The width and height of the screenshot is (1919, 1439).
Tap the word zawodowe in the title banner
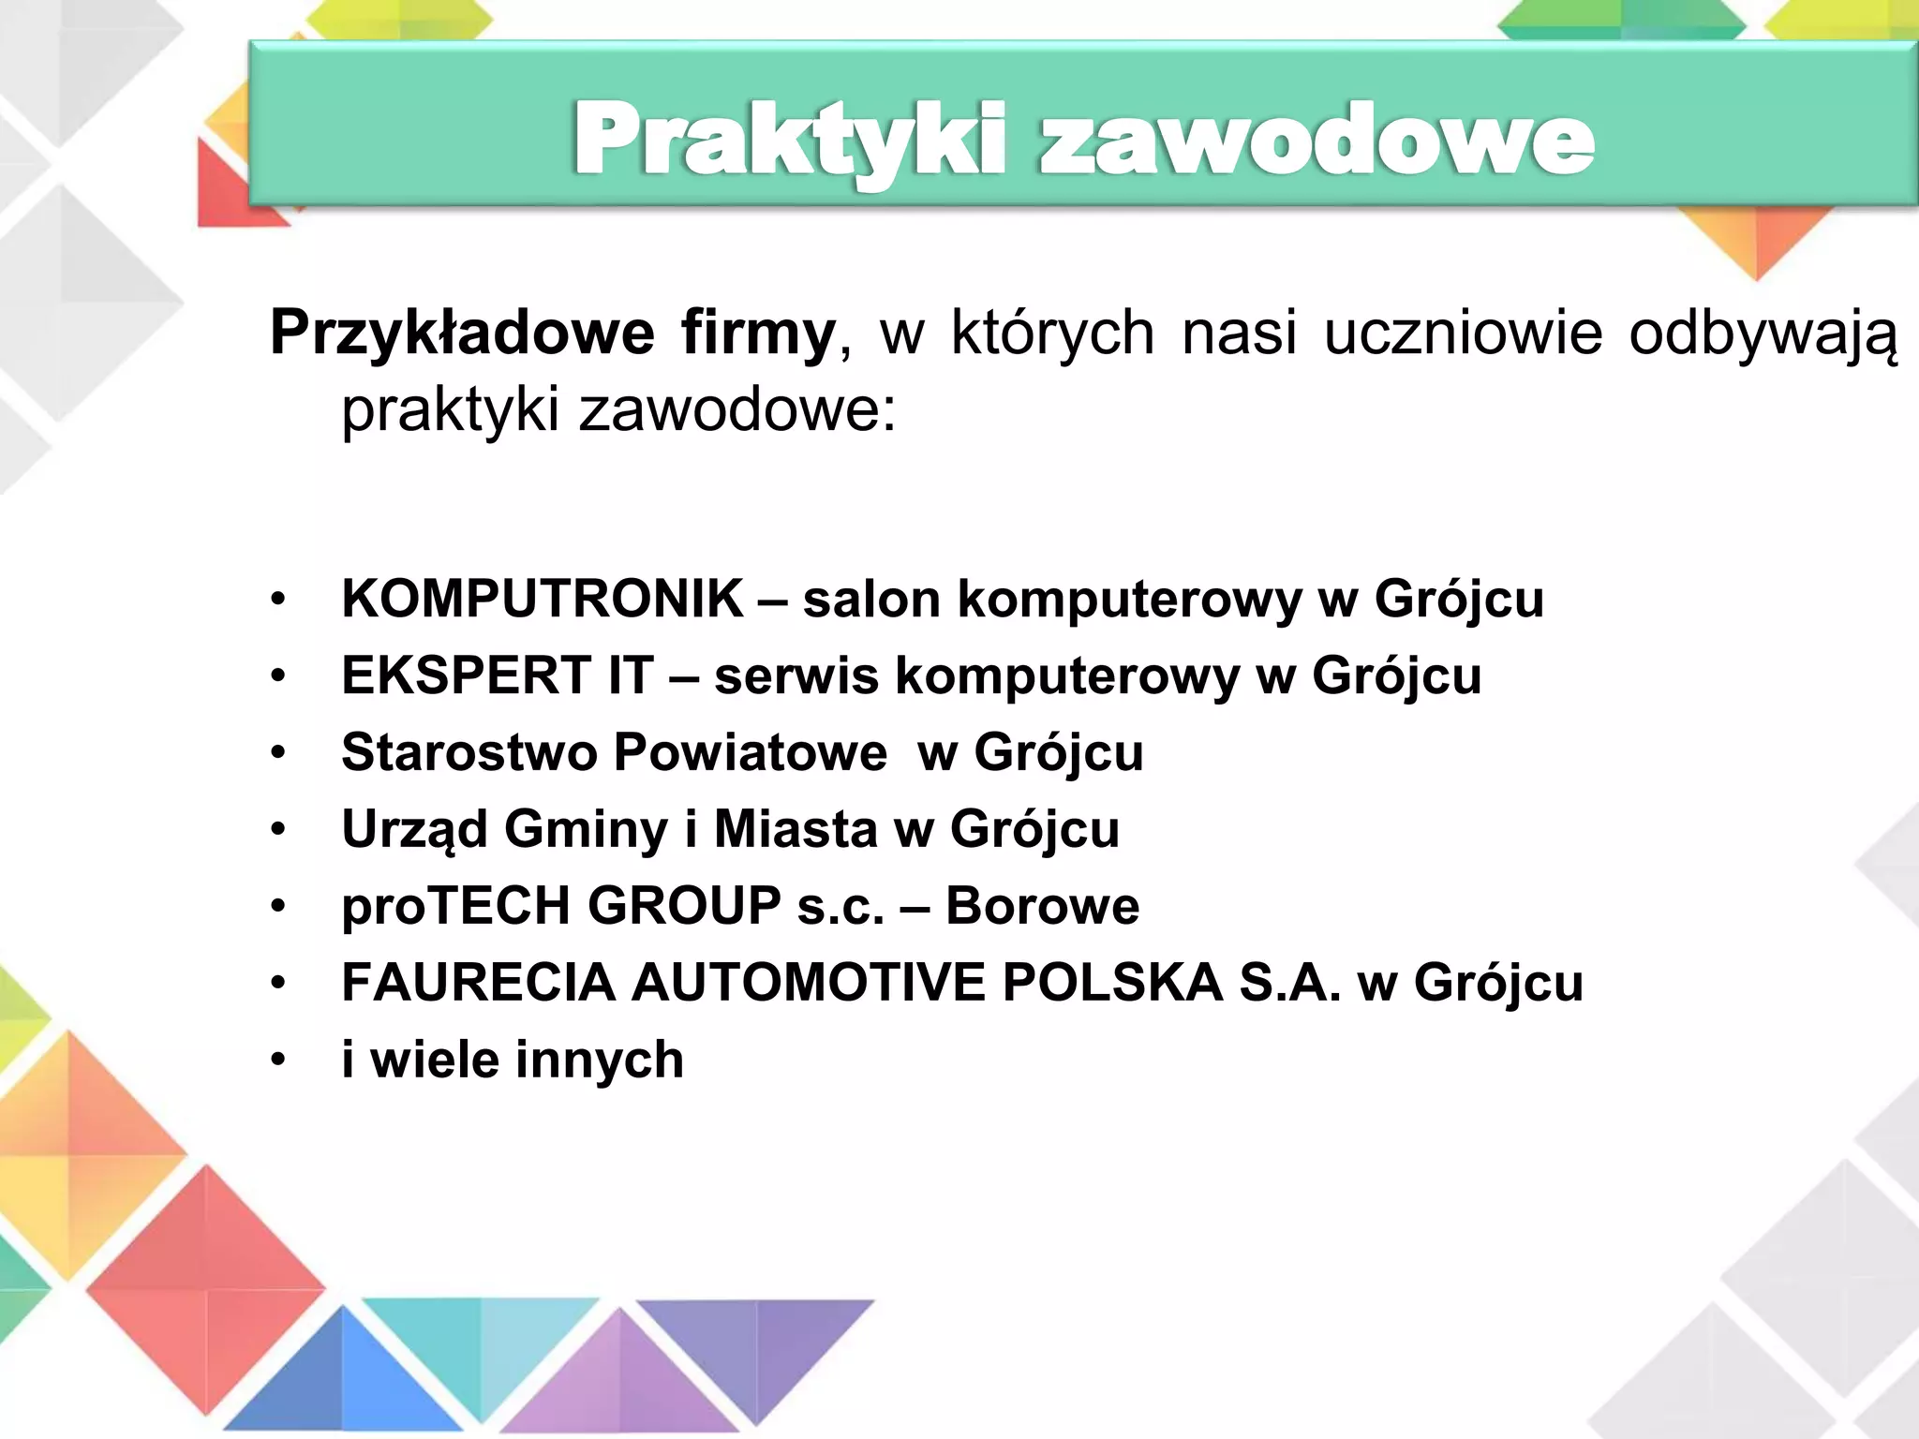pos(1316,141)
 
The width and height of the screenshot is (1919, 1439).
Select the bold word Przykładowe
pos(462,334)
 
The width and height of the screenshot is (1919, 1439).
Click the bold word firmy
pos(758,334)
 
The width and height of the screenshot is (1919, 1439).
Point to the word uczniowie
pos(1463,334)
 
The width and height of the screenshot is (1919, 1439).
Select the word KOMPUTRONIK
pos(543,599)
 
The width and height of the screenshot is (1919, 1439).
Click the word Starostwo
pos(469,752)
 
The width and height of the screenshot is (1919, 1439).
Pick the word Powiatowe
pos(751,752)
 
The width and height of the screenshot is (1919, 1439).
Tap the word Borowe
pos(1042,906)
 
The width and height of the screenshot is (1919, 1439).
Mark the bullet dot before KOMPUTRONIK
pos(277,600)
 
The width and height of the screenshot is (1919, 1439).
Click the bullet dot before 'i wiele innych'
pos(277,1061)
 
